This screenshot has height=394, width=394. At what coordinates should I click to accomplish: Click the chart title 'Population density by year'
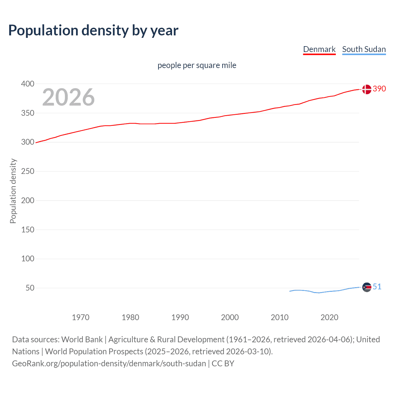coord(93,30)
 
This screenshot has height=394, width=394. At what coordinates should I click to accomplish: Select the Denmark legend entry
coord(319,49)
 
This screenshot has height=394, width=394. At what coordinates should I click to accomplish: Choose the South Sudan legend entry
coord(364,49)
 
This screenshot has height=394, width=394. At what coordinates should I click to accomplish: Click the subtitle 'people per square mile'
coord(197,65)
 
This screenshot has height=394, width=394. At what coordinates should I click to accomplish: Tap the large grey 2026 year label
coord(68,97)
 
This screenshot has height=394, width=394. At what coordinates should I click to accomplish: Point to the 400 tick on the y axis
coord(28,84)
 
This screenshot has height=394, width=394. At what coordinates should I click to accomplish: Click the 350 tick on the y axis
coord(28,113)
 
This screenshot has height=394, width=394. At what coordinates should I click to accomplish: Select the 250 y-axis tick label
coord(28,171)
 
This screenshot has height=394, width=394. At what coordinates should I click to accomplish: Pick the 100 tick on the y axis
coord(28,259)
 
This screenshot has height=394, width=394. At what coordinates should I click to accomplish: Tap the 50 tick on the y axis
coord(30,288)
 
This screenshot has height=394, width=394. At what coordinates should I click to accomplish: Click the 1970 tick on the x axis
coord(81,317)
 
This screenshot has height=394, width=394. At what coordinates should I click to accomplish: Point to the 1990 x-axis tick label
coord(180,317)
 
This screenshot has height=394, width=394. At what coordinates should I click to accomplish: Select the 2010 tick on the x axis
coord(279,317)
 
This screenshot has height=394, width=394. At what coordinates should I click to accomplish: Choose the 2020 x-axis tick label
coord(329,317)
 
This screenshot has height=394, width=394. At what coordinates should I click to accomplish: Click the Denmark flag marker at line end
coord(367,89)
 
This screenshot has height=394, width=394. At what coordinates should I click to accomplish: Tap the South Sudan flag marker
coord(367,287)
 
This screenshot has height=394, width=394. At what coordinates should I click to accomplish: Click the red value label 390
coord(379,89)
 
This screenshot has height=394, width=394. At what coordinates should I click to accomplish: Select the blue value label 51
coord(377,287)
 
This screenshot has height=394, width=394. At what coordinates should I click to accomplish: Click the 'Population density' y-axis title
coord(13,191)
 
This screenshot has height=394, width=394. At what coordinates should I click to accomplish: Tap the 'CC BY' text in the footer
coord(223,364)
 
